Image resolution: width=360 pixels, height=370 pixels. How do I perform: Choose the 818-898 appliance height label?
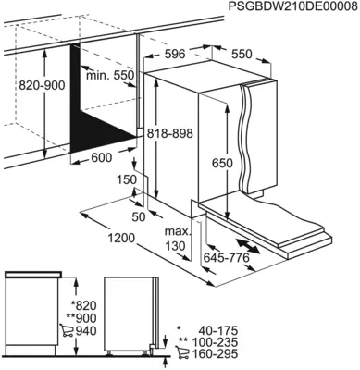(170, 134)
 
